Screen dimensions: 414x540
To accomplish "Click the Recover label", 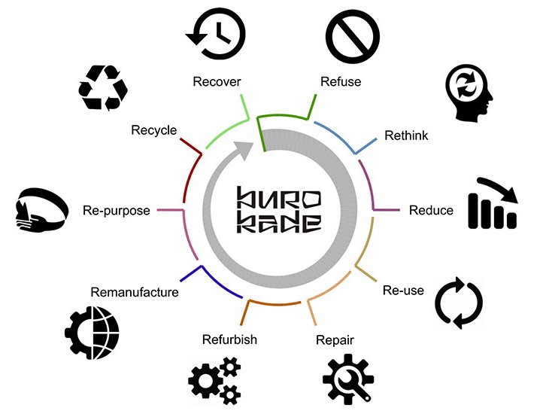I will click(x=216, y=81).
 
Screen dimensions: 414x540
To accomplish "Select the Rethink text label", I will click(x=406, y=135).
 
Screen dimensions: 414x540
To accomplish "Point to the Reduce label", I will click(x=431, y=210).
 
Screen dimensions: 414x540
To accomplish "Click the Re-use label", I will click(x=403, y=290).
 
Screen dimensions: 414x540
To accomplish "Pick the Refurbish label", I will click(x=229, y=339).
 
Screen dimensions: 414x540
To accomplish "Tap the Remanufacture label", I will click(x=135, y=291).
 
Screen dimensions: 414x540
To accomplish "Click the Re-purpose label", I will click(x=117, y=211).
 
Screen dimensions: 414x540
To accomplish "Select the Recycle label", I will click(x=153, y=130).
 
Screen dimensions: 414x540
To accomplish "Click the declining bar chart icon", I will click(x=493, y=202).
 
